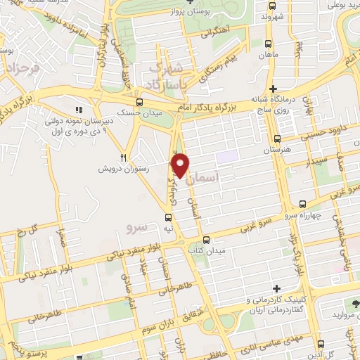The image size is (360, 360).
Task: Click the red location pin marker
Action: pyautogui.click(x=181, y=165)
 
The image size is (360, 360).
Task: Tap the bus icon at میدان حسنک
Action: pyautogui.click(x=148, y=101)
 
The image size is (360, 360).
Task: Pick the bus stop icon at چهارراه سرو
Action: pyautogui.click(x=303, y=203)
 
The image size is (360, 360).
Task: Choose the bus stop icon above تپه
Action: pyautogui.click(x=167, y=217)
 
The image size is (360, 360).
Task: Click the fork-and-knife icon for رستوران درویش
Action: pyautogui.click(x=124, y=157)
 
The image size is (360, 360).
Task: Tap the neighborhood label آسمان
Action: pyautogui.click(x=226, y=180)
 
